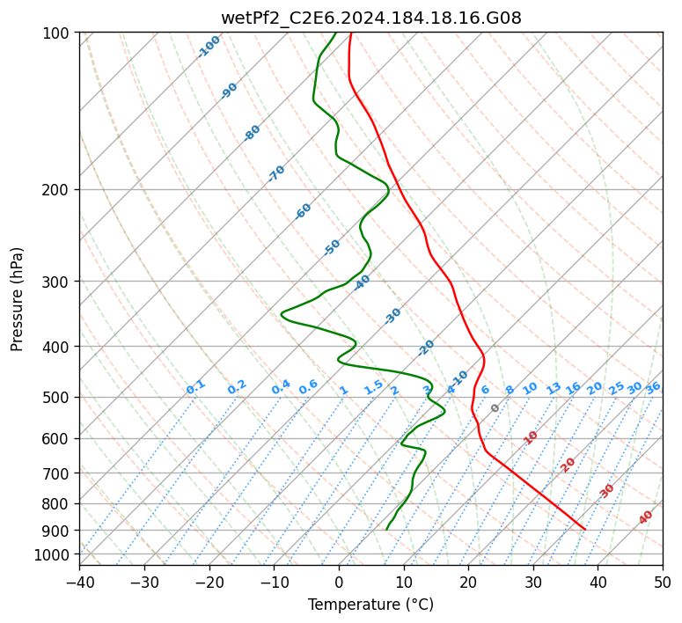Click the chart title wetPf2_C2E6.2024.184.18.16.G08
(x=370, y=18)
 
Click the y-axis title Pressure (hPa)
(x=18, y=298)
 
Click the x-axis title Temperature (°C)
(x=370, y=605)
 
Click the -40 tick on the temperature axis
(x=79, y=582)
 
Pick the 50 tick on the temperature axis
(x=663, y=582)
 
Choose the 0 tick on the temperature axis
(x=339, y=582)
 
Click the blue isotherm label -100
(x=209, y=47)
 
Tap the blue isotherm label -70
(x=277, y=173)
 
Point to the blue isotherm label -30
(x=393, y=315)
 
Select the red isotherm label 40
(x=646, y=517)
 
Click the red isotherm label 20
(x=568, y=464)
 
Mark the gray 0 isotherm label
(x=495, y=408)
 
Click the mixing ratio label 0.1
(x=195, y=387)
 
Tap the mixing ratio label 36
(x=653, y=387)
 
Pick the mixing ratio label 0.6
(x=308, y=387)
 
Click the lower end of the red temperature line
(x=584, y=529)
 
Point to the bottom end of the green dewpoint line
(x=386, y=529)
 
